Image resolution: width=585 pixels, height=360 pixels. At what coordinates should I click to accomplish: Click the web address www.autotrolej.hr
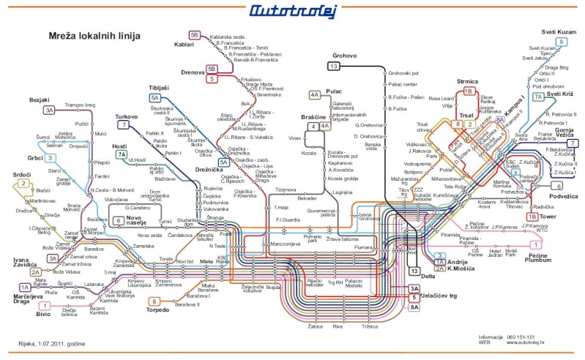coord(523,342)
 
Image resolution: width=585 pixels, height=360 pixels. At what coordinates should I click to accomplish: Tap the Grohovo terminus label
coord(343,55)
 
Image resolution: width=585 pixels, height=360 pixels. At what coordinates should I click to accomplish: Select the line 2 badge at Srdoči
coord(23,184)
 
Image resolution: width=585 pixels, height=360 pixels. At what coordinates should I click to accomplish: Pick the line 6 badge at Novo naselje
coord(118,220)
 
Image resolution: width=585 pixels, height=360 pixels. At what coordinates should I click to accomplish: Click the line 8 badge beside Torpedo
coord(154,301)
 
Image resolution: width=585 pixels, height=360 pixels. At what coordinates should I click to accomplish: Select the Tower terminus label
coord(550,217)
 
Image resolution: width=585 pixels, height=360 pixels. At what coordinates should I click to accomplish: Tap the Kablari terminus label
coord(185,44)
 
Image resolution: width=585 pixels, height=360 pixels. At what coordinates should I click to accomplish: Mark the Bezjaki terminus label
coord(38,99)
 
